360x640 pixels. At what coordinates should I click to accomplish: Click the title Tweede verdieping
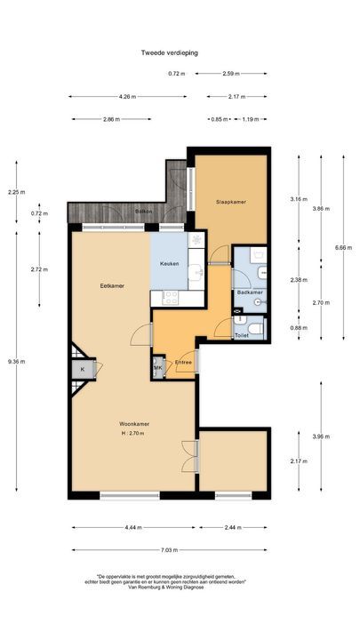point(170,52)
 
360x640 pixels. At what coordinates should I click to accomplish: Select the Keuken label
point(169,264)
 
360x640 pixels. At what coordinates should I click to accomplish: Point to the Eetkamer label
point(112,285)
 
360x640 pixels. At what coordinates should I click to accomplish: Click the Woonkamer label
point(134,423)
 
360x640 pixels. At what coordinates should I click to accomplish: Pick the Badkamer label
point(250,292)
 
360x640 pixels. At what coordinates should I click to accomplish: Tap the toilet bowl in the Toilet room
point(256,328)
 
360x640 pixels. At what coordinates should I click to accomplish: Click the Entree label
point(183,362)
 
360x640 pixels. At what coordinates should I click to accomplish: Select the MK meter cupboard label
point(158,368)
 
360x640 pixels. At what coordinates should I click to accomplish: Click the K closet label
point(83,370)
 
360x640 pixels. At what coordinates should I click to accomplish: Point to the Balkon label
point(144,212)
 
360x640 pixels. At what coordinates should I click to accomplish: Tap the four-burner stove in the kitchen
point(171,298)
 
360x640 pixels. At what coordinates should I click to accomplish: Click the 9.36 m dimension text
point(17,361)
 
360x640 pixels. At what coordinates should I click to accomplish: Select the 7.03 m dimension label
point(170,550)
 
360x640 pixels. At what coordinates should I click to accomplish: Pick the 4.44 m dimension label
point(133,527)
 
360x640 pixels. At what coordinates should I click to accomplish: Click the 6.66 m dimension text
point(343,247)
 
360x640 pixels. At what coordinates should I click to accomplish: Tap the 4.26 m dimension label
point(127,97)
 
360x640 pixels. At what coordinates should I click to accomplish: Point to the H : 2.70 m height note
point(133,434)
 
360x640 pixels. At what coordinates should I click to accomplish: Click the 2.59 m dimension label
point(231,74)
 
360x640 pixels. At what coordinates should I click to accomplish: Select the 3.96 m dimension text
point(321,436)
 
